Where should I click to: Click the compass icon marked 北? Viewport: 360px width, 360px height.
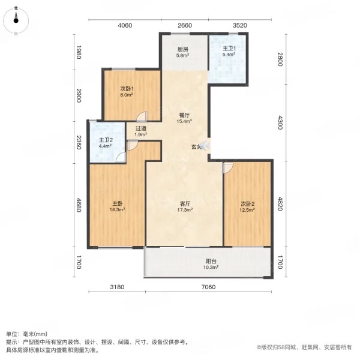coord(17,22)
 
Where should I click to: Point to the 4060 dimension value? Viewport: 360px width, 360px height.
coord(124,26)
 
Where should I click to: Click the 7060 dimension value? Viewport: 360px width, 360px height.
coord(207,287)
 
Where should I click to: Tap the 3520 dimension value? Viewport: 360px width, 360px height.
coord(240,26)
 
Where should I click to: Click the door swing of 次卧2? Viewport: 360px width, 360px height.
coord(227,169)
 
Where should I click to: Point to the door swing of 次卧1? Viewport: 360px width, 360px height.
coord(140,117)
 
